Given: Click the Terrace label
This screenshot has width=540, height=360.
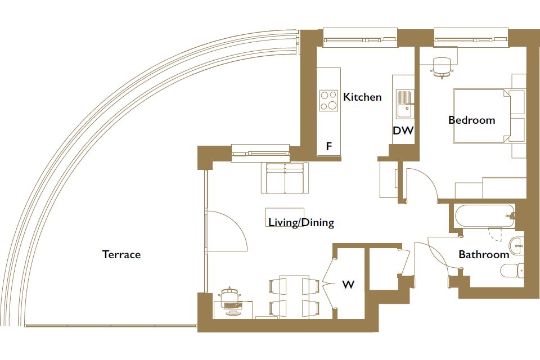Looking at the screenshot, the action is coord(121,254).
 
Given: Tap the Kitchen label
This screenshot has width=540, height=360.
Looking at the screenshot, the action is coord(362,97).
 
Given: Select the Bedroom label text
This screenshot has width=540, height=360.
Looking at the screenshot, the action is coord(472,120).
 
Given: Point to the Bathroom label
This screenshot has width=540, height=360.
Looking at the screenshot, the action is coord(484,254).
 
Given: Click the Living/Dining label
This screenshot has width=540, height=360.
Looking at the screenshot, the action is coord(301,223).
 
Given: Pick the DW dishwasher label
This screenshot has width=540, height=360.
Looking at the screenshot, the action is coord(403,130).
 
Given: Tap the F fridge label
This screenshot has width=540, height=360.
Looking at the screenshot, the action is coord(329,146).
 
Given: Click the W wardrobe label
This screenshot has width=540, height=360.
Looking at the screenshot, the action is coord(348,285).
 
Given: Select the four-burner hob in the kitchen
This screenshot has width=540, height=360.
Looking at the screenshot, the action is coord(328,101).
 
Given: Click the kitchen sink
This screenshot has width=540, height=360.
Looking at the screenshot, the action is coord(404,104).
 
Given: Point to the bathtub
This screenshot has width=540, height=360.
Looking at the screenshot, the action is coord(485,217).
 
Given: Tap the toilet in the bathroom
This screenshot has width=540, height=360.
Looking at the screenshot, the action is coord(512,271).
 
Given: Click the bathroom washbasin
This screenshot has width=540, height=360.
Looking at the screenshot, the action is coord(516,246).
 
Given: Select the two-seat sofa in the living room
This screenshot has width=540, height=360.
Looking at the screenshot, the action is coord(285,178).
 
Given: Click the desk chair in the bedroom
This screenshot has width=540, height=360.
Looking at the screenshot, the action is coord(442,68).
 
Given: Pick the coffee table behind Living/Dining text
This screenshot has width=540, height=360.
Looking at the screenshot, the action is coord(285,217).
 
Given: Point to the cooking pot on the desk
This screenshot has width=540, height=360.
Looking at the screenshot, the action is coord(229,295).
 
